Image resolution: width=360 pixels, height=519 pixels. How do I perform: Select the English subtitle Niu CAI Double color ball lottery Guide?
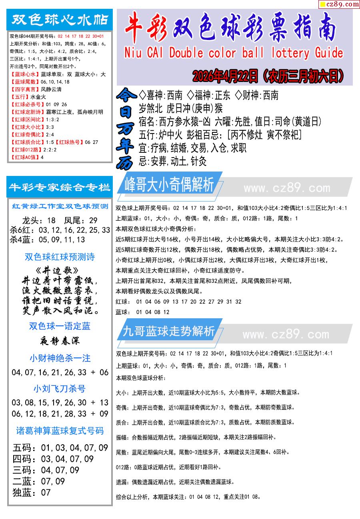point(234,53)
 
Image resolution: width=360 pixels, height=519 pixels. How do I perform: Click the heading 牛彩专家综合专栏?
point(60,187)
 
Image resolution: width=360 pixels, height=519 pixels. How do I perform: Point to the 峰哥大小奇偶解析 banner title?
point(169,185)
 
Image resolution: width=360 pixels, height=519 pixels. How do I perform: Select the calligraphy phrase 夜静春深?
point(60,341)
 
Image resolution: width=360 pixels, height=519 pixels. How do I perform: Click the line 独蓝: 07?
point(32,493)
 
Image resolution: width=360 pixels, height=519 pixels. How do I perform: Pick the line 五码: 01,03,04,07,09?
point(60,448)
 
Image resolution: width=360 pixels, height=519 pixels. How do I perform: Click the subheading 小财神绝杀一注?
point(60,358)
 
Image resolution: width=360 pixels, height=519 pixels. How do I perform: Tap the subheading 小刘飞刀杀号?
point(60,389)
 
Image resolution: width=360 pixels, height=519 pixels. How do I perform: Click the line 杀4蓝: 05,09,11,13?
point(48,240)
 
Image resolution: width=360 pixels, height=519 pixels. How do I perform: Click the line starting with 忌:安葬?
point(172,162)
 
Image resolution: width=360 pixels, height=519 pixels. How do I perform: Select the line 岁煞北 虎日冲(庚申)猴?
point(180,108)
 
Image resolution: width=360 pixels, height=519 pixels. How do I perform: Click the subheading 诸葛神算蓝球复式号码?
point(60,431)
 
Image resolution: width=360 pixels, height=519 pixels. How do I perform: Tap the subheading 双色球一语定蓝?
point(60,326)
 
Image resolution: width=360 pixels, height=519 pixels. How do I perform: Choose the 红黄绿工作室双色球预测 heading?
point(60,206)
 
